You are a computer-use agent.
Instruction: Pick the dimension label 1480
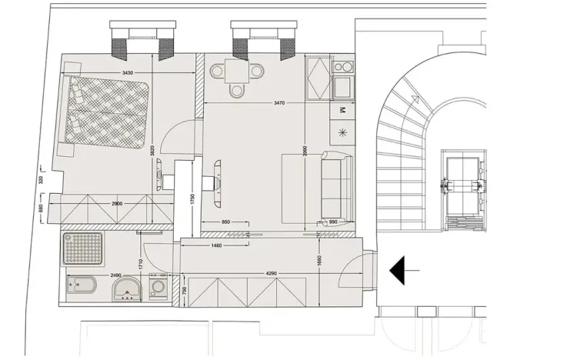tap(216, 246)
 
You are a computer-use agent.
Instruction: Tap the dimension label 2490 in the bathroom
tap(116, 275)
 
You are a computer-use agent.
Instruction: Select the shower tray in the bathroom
tap(83, 249)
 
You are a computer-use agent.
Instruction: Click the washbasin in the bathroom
tap(126, 290)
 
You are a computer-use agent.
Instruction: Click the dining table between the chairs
tap(236, 74)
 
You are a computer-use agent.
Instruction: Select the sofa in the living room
tap(337, 185)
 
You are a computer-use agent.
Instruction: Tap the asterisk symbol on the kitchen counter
tap(342, 132)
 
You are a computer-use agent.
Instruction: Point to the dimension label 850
tap(225, 222)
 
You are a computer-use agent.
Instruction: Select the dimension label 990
tap(333, 222)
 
